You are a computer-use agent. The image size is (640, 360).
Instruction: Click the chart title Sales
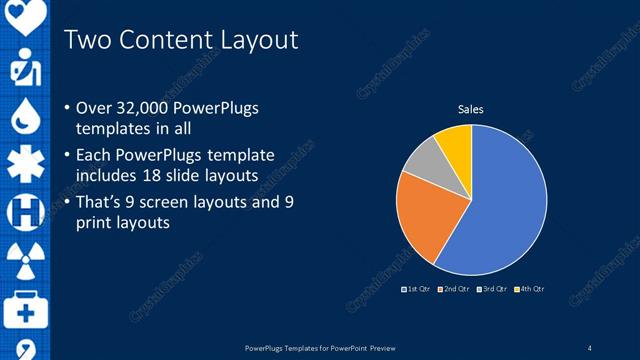(471, 109)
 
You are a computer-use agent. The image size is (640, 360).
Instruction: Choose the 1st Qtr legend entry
(415, 289)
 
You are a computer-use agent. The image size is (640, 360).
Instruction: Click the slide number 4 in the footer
(590, 347)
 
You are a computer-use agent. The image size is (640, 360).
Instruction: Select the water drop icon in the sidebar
(24, 116)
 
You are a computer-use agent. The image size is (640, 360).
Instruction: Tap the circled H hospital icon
(24, 212)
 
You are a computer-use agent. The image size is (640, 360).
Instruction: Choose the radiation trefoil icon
(24, 261)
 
